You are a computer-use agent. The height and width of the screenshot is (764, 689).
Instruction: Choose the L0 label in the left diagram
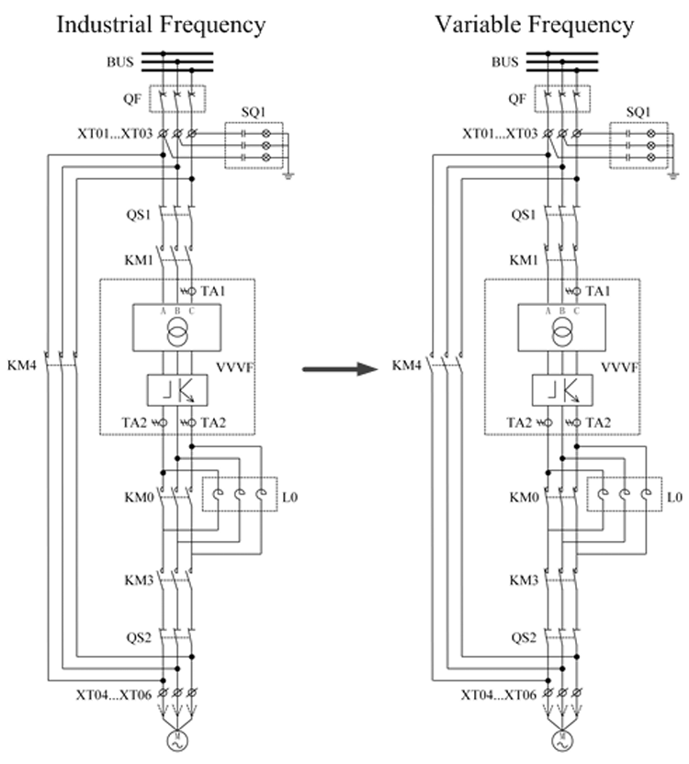tap(291, 497)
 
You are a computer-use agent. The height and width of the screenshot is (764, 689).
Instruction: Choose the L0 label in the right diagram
tap(676, 497)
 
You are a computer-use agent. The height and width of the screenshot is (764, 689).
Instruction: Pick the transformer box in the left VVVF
tap(176, 325)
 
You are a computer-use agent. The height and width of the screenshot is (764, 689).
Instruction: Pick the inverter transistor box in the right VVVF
tap(561, 389)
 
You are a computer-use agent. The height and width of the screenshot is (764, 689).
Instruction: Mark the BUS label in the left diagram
tap(121, 62)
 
